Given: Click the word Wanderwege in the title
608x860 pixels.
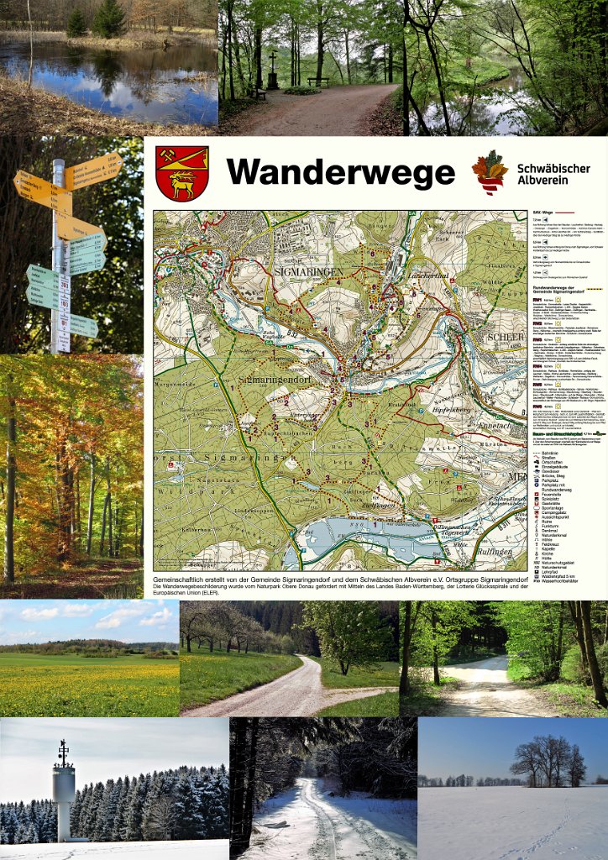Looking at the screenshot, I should click(340, 172).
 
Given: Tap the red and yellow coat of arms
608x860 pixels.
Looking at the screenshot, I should click(181, 173).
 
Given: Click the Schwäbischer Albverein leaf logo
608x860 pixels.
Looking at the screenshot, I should click(490, 172).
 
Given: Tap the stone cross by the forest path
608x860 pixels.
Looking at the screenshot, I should click(273, 71).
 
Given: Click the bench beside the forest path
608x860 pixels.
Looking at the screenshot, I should click(318, 82).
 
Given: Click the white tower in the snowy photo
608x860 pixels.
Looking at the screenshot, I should click(64, 794).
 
